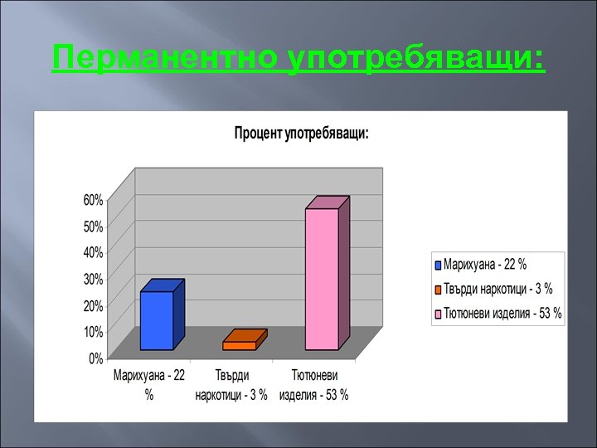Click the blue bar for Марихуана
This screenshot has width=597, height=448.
pos(157,320)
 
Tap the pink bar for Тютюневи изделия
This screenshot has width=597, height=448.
pos(322,279)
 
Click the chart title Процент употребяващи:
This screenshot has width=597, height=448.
pos(301,133)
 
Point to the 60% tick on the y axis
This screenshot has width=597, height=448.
pos(93,200)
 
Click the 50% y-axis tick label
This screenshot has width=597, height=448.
pos(93,226)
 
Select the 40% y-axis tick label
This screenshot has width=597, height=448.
pos(93,252)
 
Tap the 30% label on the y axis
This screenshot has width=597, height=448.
pos(93,279)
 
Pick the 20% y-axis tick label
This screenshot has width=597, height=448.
pos(93,305)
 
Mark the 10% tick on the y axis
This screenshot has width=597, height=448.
pos(93,331)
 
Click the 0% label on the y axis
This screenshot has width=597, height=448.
pos(95,358)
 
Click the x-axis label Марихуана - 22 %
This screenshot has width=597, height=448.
pos(149,386)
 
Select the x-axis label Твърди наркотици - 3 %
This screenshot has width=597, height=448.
pos(231,386)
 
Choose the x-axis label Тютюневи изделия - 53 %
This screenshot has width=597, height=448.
pos(314,386)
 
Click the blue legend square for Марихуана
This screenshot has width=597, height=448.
pos(439,265)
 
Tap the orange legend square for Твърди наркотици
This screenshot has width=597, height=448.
pos(439,290)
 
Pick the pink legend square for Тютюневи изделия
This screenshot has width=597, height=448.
pos(439,314)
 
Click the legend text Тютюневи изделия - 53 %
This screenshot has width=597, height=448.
pos(502,314)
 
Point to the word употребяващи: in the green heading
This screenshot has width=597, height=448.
pos(415,59)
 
